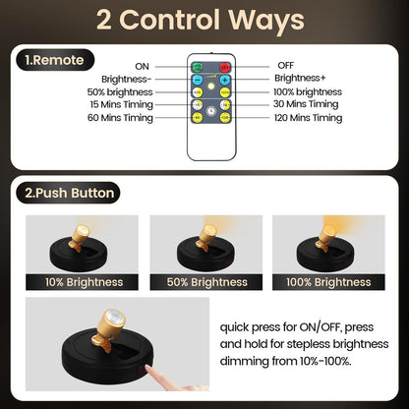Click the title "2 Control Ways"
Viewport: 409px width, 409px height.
tap(204, 21)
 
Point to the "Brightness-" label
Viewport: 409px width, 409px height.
tap(126, 78)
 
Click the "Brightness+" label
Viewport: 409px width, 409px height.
tap(299, 78)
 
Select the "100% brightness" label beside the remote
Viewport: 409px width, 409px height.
tap(307, 91)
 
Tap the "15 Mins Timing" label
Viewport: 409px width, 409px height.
tap(122, 104)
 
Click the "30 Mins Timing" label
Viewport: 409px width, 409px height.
tap(307, 104)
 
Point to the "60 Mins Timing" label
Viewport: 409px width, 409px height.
tap(122, 118)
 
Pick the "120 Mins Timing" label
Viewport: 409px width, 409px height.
tap(309, 118)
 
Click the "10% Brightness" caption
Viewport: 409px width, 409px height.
tap(84, 282)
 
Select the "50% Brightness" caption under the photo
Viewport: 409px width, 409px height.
tap(205, 282)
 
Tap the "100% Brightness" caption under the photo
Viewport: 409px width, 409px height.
tap(327, 282)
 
